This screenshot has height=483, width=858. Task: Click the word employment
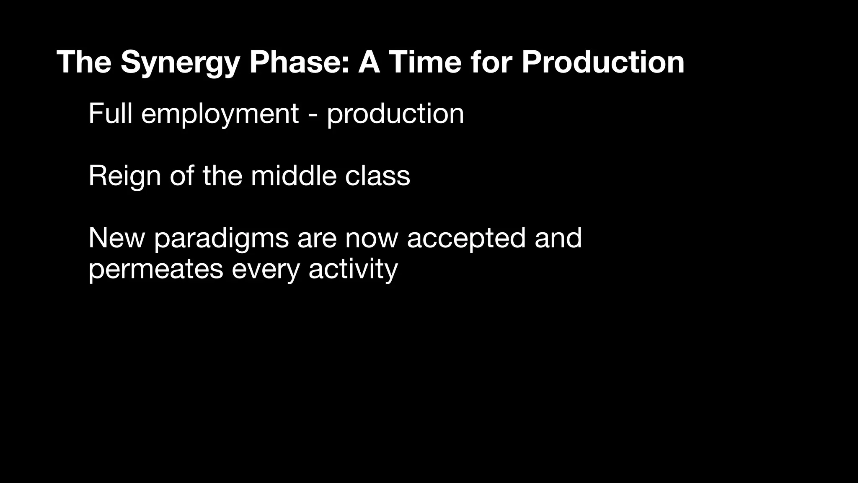[220, 114]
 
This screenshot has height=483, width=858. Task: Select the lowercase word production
[395, 114]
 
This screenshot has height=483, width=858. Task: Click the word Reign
[124, 176]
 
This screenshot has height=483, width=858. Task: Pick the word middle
[294, 176]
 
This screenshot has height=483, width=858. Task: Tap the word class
[377, 176]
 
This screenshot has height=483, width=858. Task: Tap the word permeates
[155, 270]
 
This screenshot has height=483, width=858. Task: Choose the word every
[266, 270]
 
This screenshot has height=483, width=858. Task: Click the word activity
[353, 270]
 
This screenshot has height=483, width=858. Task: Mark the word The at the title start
[84, 62]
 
